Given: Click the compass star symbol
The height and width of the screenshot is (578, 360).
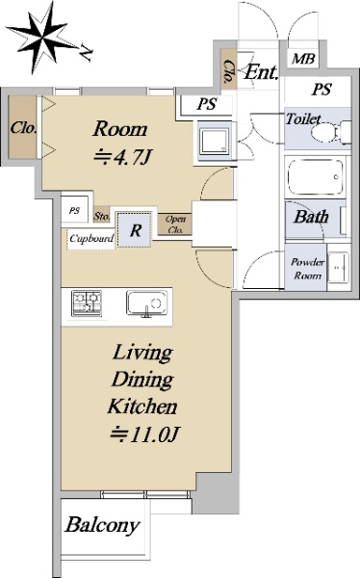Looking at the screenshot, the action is [43, 38].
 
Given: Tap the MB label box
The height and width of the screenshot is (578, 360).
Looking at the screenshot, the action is [303, 58].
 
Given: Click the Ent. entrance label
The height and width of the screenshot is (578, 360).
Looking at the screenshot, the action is [261, 72].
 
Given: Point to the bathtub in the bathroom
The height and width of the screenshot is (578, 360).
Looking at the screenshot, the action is [316, 177].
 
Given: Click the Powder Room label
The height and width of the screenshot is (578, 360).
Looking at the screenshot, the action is [308, 269].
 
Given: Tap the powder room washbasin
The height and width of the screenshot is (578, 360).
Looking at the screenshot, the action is [338, 267].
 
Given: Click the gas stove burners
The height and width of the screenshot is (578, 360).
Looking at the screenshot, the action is [87, 303].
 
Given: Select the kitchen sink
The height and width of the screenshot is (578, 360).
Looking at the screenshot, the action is [146, 303].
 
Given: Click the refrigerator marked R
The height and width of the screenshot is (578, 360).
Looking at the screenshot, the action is [135, 229].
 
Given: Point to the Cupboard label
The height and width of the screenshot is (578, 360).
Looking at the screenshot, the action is [91, 238].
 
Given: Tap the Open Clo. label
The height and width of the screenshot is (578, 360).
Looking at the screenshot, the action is [175, 224].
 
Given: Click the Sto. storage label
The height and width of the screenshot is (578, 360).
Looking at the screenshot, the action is [102, 216].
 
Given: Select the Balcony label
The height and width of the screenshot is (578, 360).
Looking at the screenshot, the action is [102, 525].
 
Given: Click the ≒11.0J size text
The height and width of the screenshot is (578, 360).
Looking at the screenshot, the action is [144, 433].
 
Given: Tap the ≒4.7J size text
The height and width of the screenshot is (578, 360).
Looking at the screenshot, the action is [122, 157].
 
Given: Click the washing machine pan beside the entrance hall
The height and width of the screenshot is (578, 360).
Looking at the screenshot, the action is [215, 142].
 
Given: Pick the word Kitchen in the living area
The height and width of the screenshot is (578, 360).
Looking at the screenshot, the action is [142, 407].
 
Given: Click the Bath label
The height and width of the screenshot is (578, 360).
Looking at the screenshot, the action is [311, 217].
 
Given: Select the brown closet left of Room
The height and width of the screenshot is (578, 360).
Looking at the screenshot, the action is [23, 127].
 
